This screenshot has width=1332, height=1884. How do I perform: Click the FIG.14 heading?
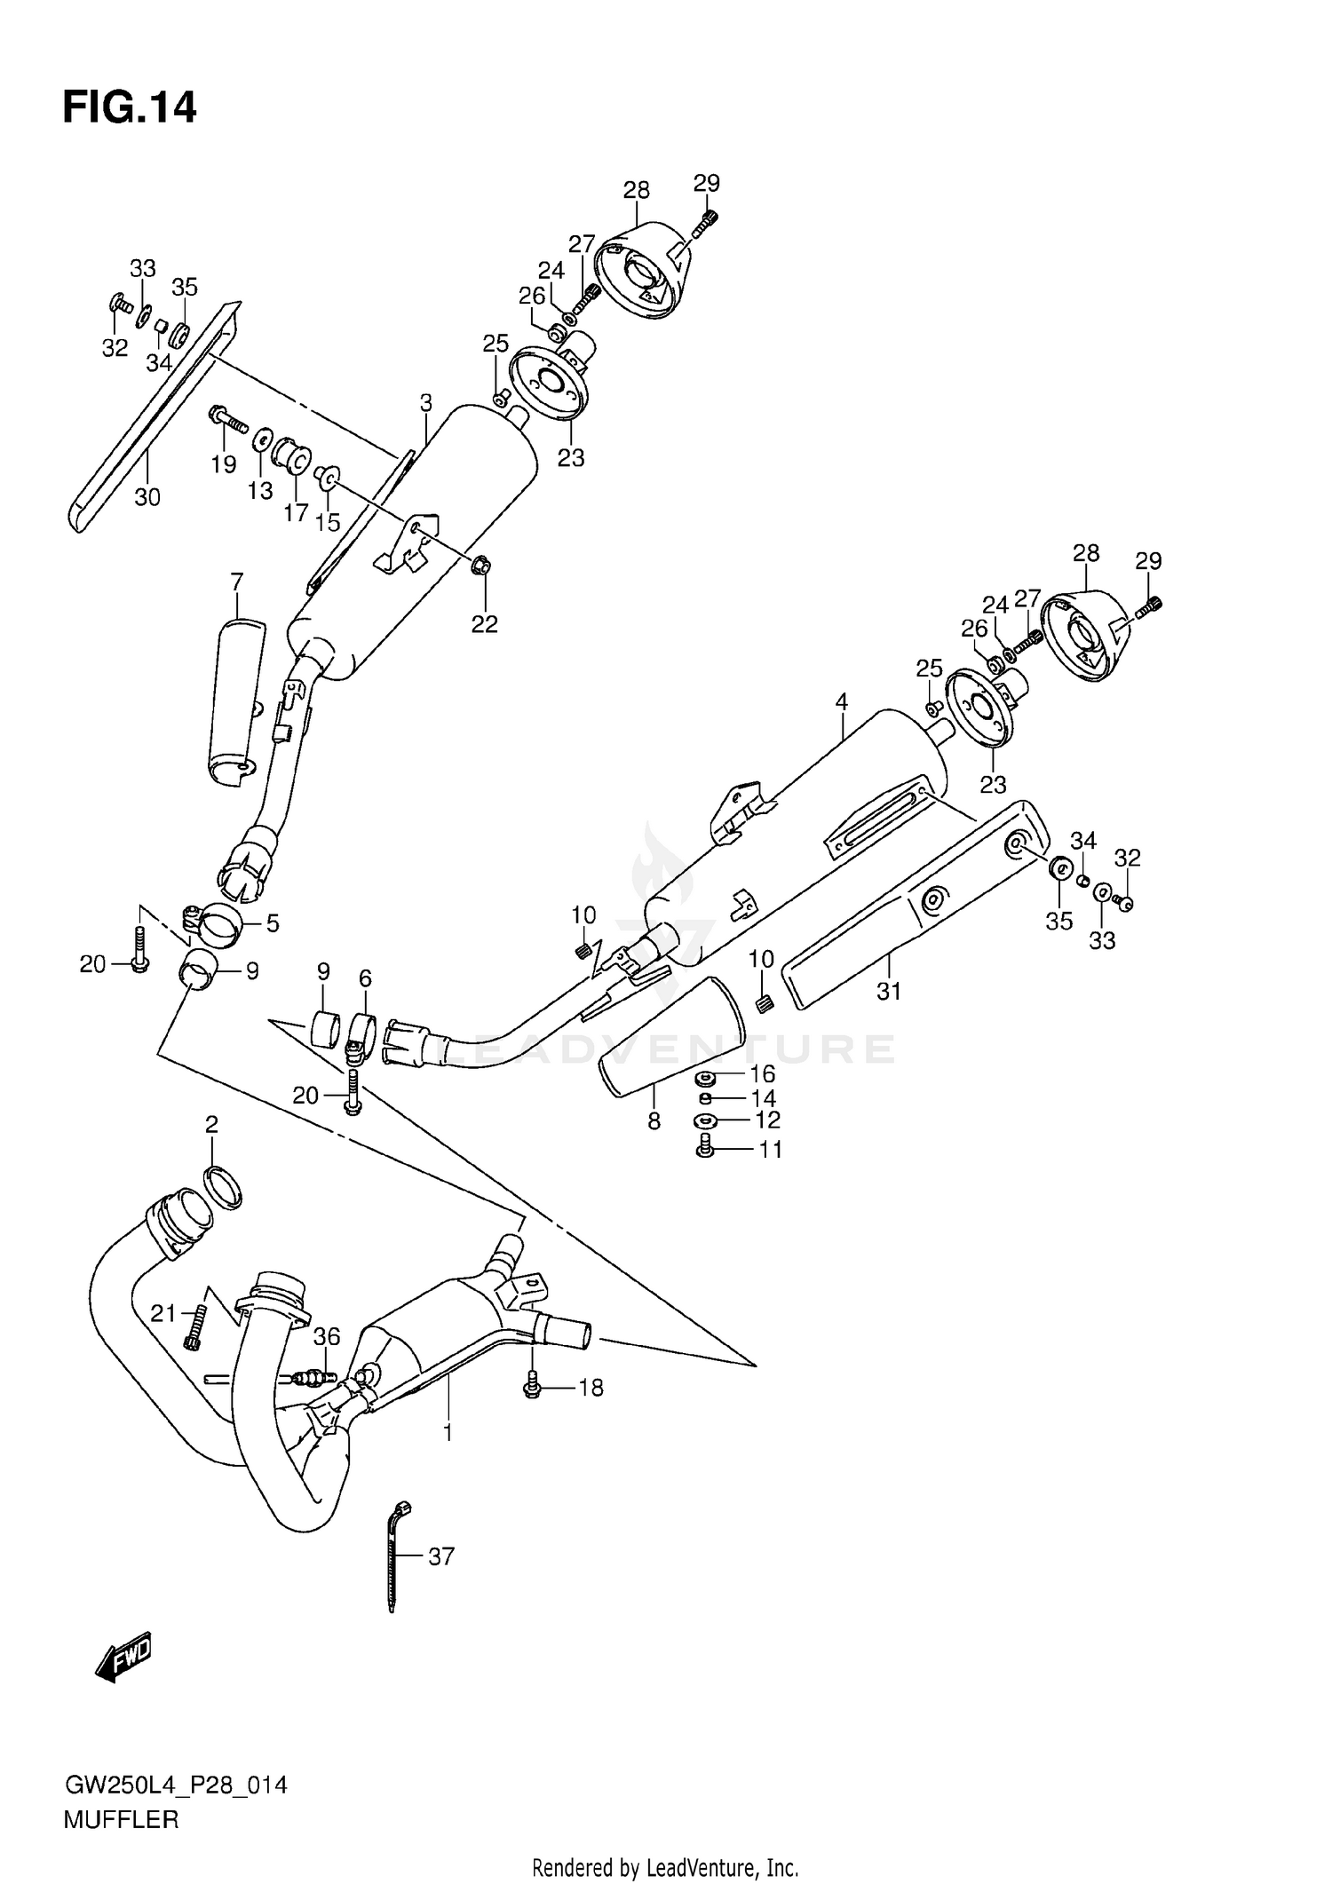coord(130,107)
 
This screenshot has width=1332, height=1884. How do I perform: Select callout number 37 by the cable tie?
coord(440,1555)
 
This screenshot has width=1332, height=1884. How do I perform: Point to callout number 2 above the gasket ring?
coord(211,1125)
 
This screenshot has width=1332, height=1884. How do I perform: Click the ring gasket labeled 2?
coord(224,1188)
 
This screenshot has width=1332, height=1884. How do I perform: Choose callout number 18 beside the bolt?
coord(591,1387)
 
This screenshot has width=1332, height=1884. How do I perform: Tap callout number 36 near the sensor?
coord(327,1335)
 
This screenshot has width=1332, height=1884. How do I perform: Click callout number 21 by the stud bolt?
coord(163,1314)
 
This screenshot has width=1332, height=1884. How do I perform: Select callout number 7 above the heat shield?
coord(236,582)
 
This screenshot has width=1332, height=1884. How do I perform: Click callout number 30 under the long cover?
coord(147,497)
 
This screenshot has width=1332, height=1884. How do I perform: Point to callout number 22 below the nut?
coord(485,624)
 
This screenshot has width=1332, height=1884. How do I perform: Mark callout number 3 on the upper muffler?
coord(426,403)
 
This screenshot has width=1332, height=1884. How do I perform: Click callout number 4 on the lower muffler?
coord(841,701)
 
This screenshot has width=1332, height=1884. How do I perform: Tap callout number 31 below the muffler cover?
coord(889,991)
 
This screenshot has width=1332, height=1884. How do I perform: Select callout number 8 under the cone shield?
coord(654,1121)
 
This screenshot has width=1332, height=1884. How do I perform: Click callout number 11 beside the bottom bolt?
coord(770,1150)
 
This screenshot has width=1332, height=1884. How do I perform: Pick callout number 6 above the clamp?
coord(365,978)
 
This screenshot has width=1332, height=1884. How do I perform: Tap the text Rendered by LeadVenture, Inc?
coord(665,1869)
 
